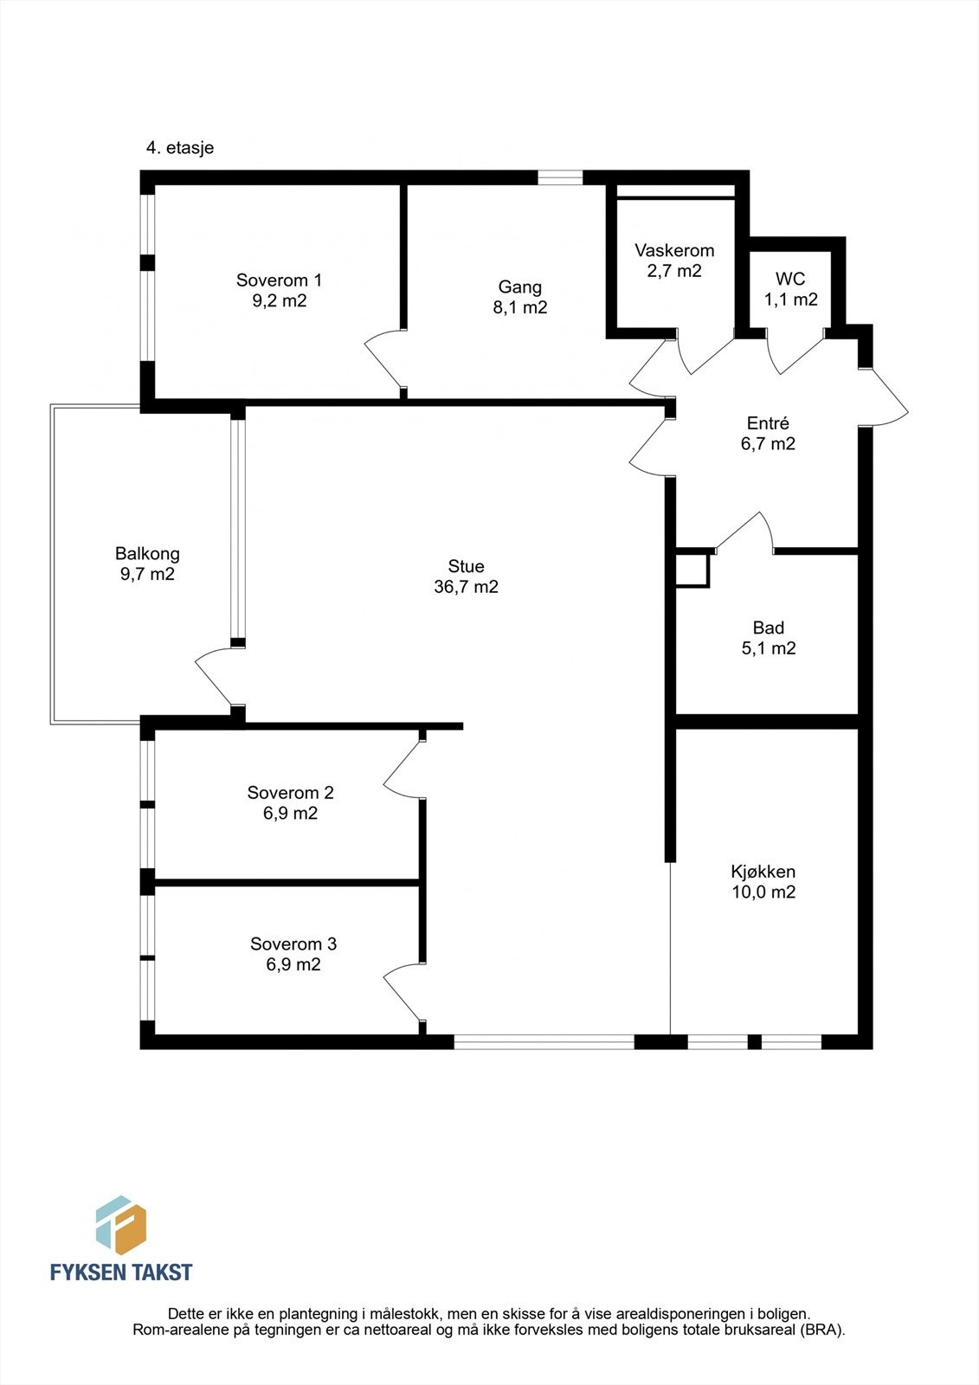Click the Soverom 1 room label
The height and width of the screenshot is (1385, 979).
(279, 280)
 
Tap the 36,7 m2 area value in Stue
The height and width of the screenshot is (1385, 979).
(466, 586)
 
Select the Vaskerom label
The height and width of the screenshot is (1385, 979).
(674, 250)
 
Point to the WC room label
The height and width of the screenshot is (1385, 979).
(790, 279)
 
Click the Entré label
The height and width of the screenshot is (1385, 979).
(768, 423)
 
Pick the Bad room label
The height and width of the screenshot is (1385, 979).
(768, 628)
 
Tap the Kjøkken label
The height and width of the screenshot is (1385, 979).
(763, 872)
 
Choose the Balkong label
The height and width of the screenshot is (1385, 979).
(147, 554)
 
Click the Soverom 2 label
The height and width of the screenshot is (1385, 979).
(290, 792)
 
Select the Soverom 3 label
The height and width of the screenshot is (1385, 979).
(293, 944)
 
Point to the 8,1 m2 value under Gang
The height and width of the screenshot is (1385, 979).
(519, 307)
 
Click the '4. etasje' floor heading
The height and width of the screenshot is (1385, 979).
(180, 148)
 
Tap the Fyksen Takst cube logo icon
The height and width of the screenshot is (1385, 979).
(121, 1226)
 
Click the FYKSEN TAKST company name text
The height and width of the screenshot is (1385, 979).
(121, 1272)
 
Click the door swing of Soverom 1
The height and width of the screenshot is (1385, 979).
(384, 362)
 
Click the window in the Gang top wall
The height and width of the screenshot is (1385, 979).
(560, 177)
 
